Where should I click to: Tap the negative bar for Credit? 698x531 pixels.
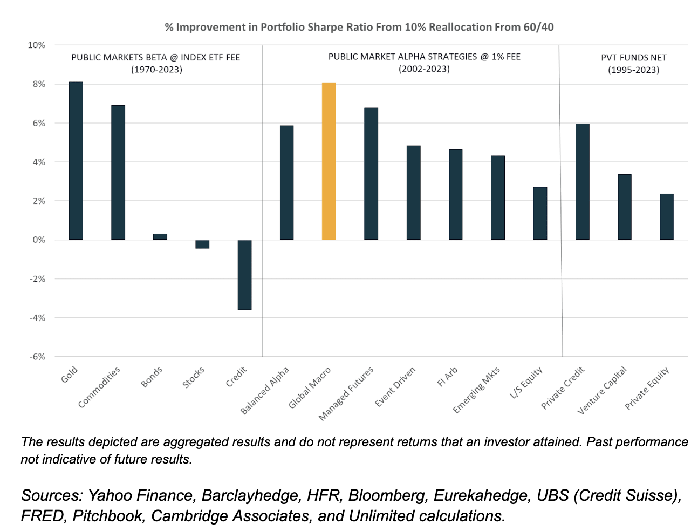tap(244, 275)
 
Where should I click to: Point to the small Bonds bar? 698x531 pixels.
tap(160, 236)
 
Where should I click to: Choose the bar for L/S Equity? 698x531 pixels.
tap(540, 213)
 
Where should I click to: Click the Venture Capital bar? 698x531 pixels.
tap(624, 207)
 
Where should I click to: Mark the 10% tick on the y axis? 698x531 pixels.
tap(37, 45)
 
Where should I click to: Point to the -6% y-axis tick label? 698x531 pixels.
tap(37, 357)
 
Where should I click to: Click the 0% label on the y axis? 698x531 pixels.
tap(39, 240)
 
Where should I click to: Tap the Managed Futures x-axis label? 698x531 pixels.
tap(346, 393)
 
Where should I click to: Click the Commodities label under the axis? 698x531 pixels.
tap(99, 387)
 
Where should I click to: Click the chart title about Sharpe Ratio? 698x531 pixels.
tap(359, 27)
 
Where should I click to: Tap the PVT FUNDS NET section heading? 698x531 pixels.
tap(633, 58)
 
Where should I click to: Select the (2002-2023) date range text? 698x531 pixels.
tap(424, 69)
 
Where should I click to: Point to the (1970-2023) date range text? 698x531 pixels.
tap(156, 69)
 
